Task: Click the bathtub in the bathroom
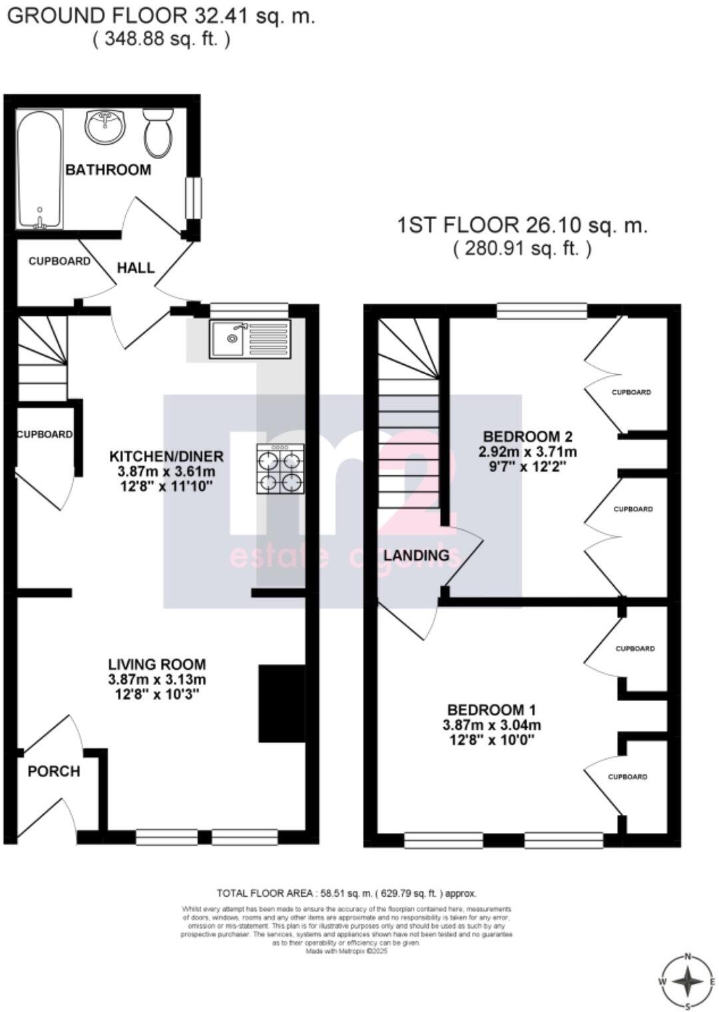click(x=40, y=170)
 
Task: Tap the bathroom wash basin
click(x=105, y=126)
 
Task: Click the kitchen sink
click(x=250, y=339)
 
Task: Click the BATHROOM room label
click(x=108, y=170)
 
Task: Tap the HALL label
click(x=136, y=268)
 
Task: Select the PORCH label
click(x=54, y=772)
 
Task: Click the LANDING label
click(x=417, y=555)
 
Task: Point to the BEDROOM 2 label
click(x=528, y=437)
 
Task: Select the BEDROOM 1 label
click(x=492, y=710)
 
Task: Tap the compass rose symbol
click(x=688, y=981)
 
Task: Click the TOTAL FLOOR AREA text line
click(x=346, y=893)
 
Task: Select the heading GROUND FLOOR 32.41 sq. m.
click(x=160, y=16)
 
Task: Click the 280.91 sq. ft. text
click(x=522, y=249)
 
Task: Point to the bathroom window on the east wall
click(x=192, y=198)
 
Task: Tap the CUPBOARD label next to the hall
click(x=59, y=262)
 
